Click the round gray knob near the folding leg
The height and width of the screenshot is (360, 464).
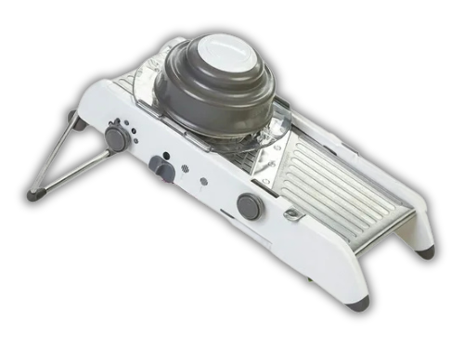click(116, 137)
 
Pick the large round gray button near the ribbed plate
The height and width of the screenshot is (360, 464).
click(249, 206)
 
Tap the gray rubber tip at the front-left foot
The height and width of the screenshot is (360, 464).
click(358, 302)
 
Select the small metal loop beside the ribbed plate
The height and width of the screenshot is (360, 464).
click(294, 216)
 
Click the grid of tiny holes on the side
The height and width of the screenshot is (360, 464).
click(185, 169)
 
